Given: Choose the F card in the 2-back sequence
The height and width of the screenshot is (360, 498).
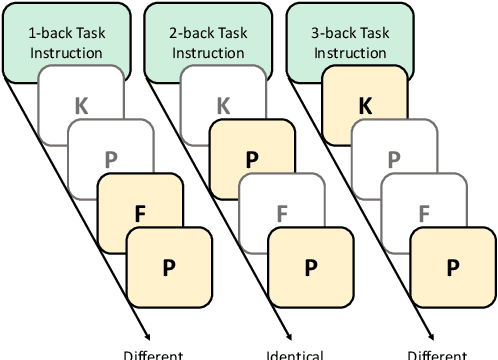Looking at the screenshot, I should tap(282, 213).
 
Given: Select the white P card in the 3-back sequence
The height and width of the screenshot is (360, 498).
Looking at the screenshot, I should tap(394, 157).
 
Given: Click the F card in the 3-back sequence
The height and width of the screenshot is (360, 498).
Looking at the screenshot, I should tap(424, 213).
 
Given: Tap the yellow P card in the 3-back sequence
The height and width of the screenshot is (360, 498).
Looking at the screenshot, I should tap(454, 267).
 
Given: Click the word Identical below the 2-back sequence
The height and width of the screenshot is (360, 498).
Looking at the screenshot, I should tap(295, 354).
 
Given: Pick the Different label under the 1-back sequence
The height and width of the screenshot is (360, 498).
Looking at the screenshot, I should tap(153, 354).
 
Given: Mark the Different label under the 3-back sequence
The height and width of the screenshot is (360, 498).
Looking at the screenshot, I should tap(437, 354).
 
